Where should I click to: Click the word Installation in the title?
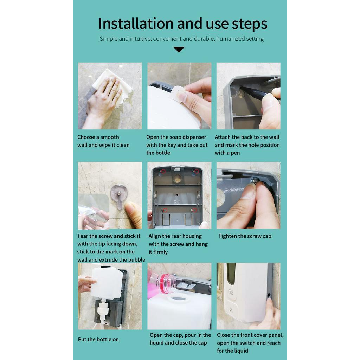pyautogui.click(x=136, y=24)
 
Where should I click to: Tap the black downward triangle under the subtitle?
pyautogui.click(x=179, y=50)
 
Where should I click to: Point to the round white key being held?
pyautogui.click(x=178, y=93)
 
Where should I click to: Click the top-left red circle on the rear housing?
pyautogui.click(x=163, y=171)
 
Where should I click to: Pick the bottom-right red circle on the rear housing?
pyautogui.click(x=194, y=210)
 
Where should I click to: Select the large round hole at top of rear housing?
pyautogui.click(x=177, y=178)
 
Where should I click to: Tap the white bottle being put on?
pyautogui.click(x=106, y=283)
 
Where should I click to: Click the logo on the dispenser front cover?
pyautogui.click(x=231, y=292)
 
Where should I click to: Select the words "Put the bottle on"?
pyautogui.click(x=98, y=339)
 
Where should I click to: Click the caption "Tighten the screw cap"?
pyautogui.click(x=245, y=236)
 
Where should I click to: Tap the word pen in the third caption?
pyautogui.click(x=235, y=153)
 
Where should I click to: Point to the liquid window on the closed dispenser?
pyautogui.click(x=231, y=276)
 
